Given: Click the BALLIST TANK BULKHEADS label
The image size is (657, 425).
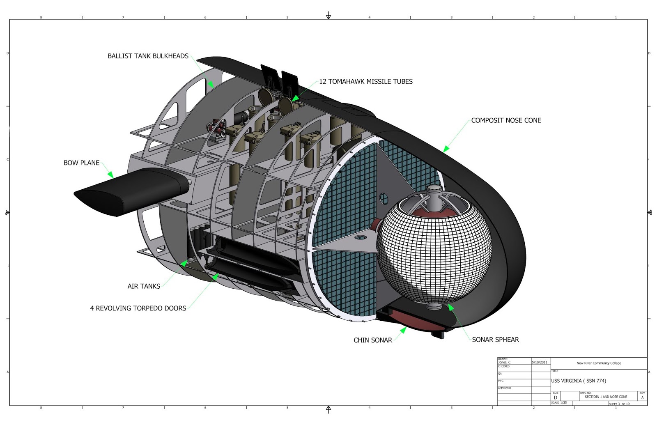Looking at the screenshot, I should [x=148, y=56].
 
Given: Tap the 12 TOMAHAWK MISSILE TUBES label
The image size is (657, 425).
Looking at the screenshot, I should [x=365, y=82].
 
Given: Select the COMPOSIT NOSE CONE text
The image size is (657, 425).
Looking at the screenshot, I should [x=506, y=120].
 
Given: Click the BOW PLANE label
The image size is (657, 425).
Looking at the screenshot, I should [x=81, y=163].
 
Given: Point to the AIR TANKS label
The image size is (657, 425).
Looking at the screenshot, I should [x=144, y=286].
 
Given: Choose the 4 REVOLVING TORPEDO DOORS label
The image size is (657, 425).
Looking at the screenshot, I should [x=138, y=308].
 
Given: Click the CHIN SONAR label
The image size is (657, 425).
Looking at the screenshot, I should [x=372, y=340].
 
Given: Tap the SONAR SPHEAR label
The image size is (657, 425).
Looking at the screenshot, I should [x=495, y=340].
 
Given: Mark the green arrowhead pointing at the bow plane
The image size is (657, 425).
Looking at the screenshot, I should [x=110, y=175].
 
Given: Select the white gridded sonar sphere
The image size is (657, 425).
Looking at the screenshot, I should [x=435, y=255].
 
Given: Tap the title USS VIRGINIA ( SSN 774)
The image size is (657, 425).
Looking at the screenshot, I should [x=578, y=381].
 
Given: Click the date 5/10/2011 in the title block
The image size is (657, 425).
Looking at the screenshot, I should [x=539, y=363].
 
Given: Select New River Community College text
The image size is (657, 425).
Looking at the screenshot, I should [x=599, y=363].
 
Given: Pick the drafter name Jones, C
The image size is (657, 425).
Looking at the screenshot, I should [x=504, y=363].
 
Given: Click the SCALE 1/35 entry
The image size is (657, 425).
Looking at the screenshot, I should [x=559, y=403].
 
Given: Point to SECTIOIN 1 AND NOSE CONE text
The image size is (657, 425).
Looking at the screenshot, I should [x=606, y=397].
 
